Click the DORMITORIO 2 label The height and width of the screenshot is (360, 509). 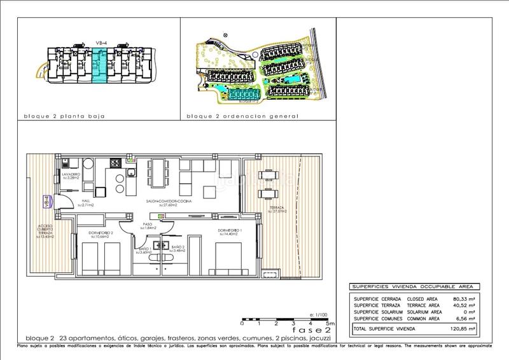coord(101,235)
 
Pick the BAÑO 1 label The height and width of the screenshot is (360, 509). coord(144,249)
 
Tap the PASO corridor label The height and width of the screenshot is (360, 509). coord(148,225)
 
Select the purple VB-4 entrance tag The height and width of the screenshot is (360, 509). coord(46,202)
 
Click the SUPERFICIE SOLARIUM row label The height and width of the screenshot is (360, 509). coord(381,312)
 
